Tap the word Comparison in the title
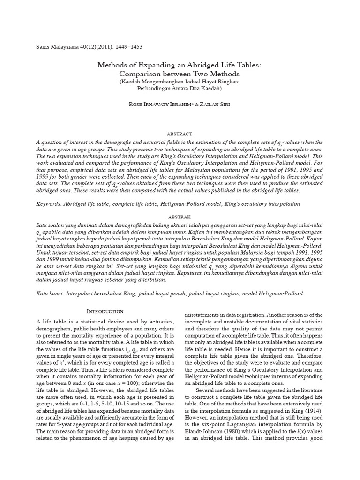click(x=143, y=74)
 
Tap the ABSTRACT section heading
click(x=180, y=134)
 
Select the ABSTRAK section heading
click(x=180, y=217)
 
